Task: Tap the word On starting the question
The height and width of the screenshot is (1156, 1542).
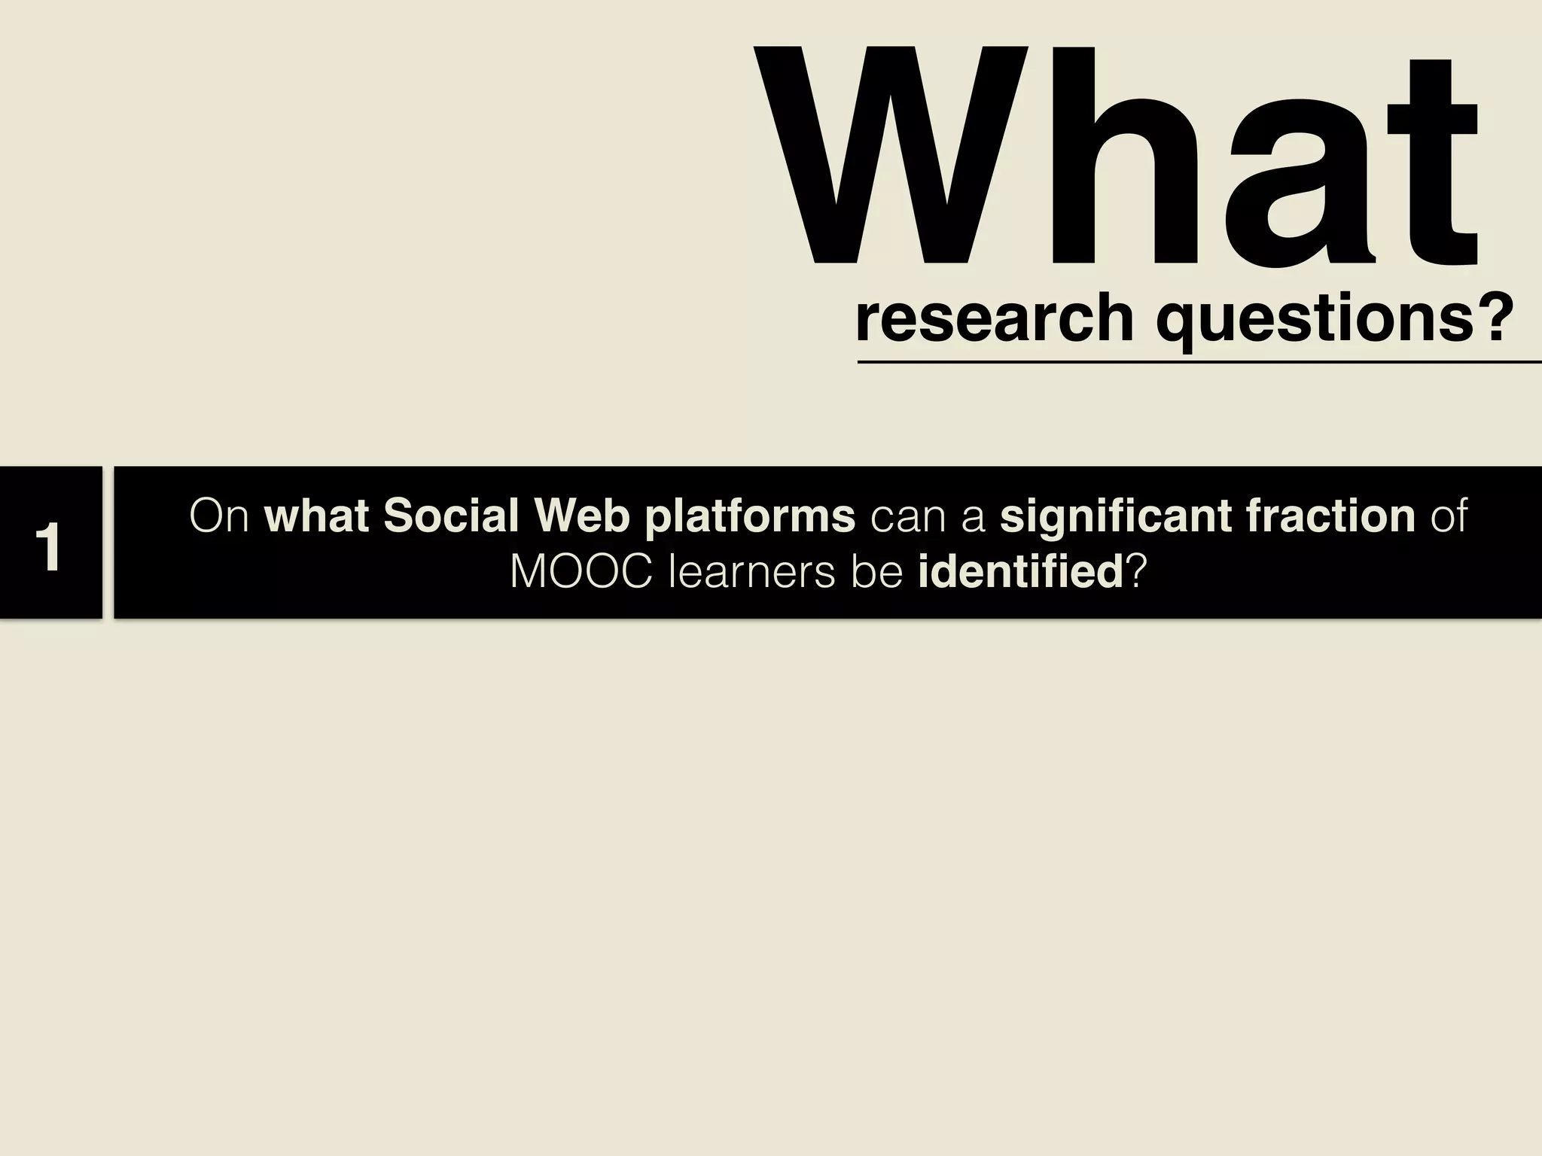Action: (x=219, y=516)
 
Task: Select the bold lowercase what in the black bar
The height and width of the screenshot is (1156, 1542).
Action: (x=318, y=516)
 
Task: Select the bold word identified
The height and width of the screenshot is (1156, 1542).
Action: (x=1020, y=573)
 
